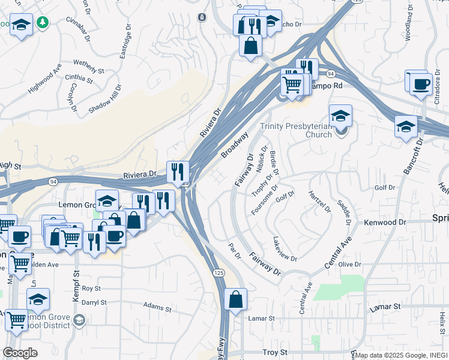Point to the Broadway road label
point(234,145)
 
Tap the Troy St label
point(276,352)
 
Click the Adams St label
point(157,307)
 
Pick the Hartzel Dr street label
point(320,201)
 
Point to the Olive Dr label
point(349,264)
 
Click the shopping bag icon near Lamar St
point(237,299)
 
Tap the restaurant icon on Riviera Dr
point(178,171)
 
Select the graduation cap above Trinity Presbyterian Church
point(340,115)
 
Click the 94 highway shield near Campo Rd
point(331,73)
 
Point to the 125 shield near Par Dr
point(217,272)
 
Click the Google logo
point(20,353)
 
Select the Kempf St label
point(76,281)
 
